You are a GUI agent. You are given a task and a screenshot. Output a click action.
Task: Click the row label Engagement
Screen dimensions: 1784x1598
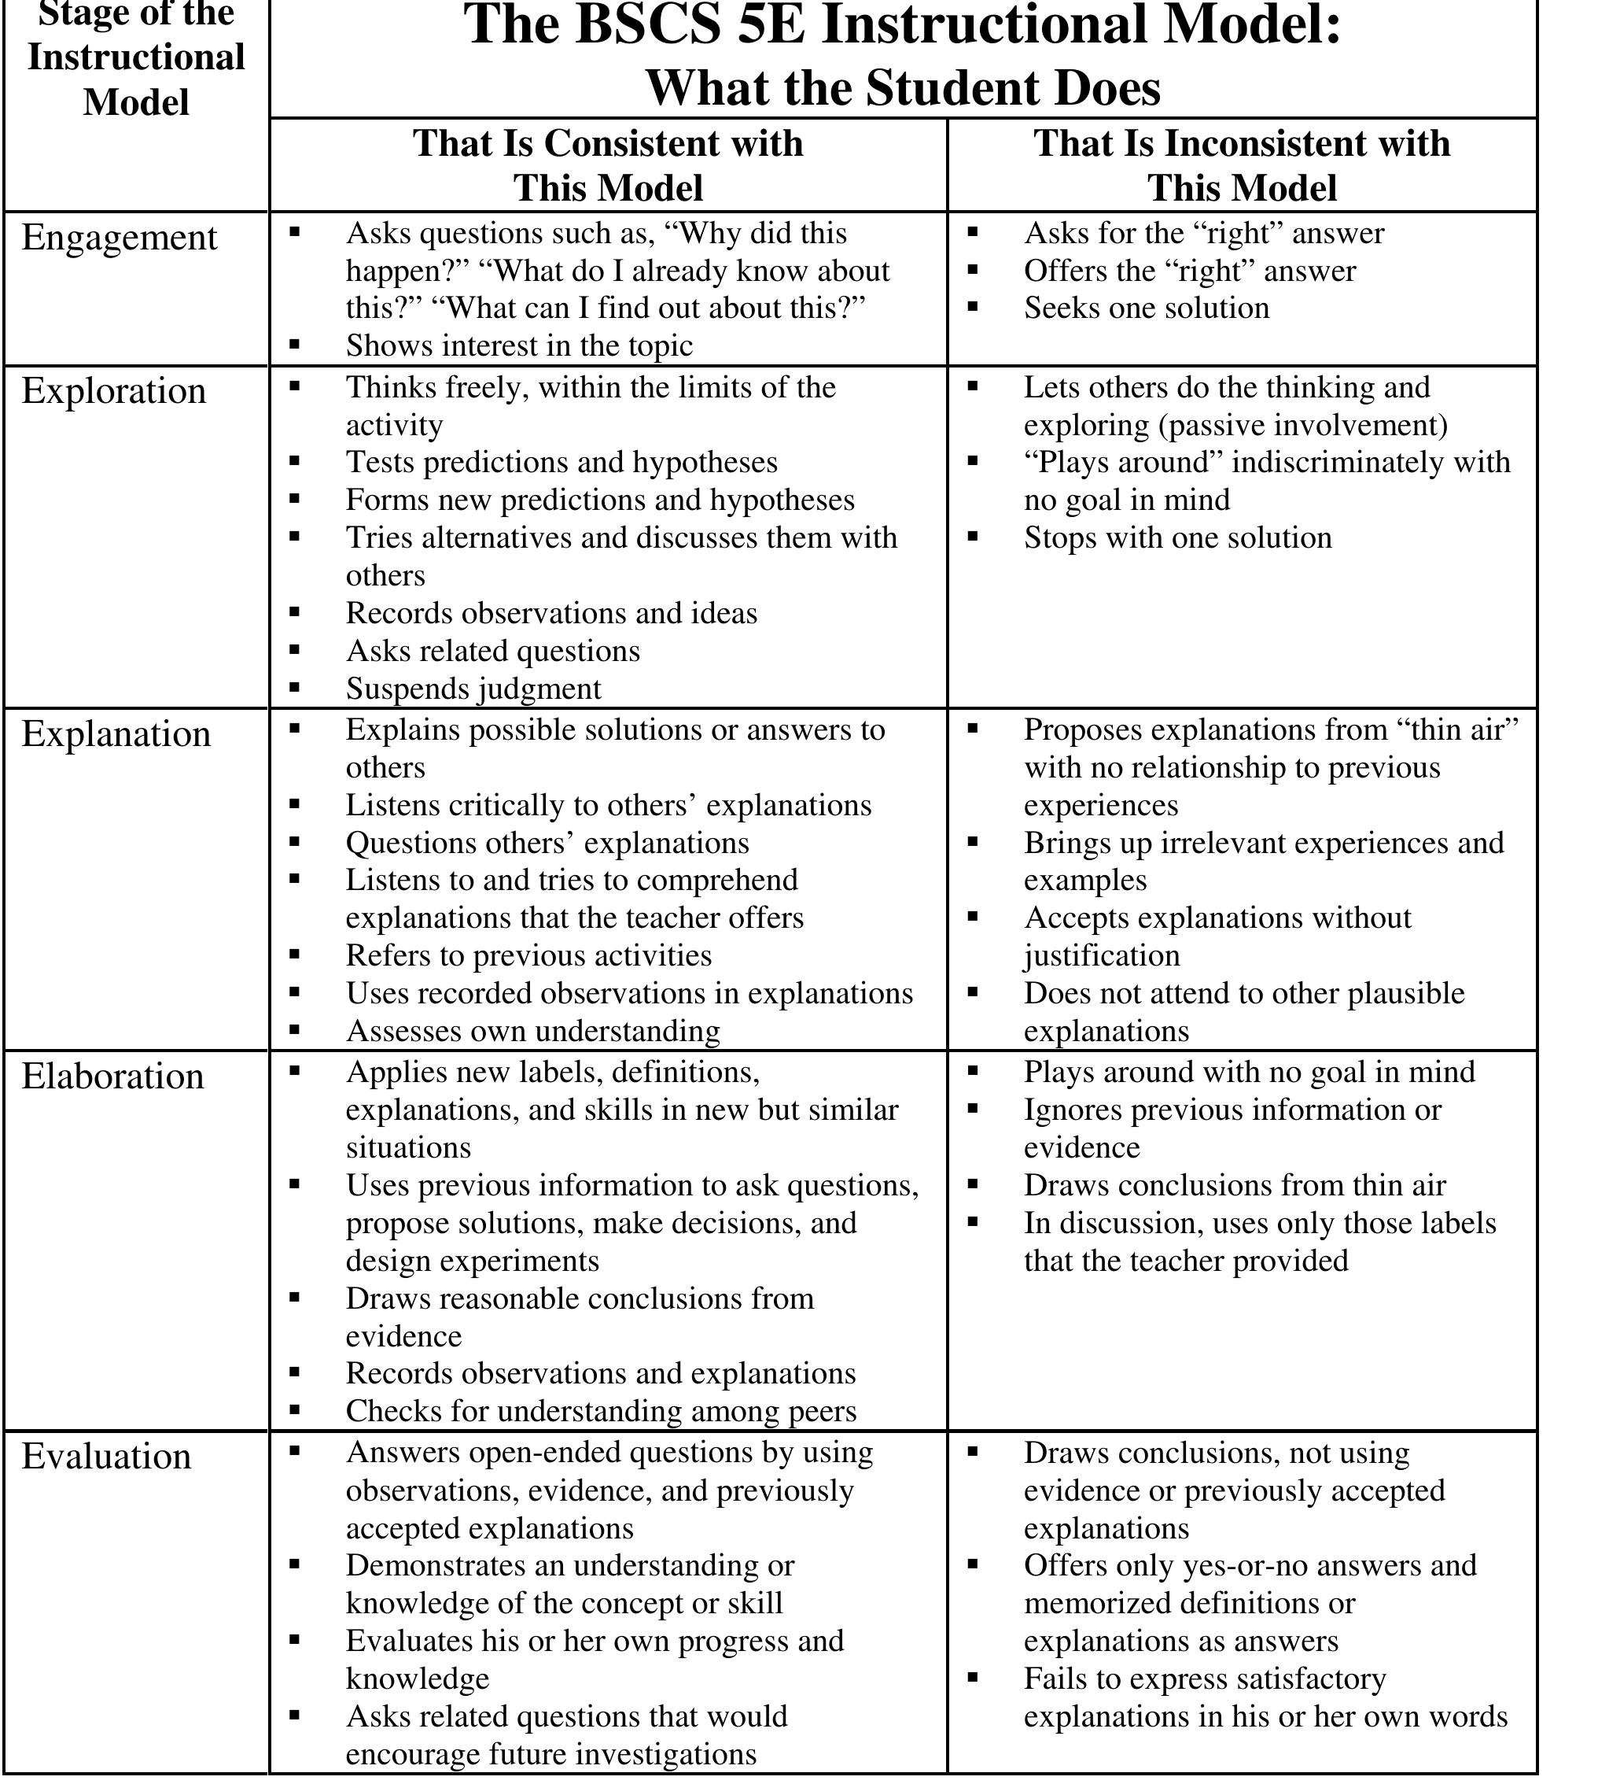(119, 238)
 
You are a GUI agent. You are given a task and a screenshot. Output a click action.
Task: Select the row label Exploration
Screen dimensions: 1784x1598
(113, 391)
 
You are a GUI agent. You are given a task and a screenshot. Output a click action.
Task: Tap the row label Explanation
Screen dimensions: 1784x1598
(116, 734)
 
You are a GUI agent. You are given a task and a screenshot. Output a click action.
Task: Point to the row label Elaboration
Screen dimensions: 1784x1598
(112, 1076)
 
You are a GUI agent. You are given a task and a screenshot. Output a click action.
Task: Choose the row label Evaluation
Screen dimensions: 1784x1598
(106, 1457)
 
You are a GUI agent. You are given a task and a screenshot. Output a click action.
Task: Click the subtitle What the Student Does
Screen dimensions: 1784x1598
(903, 88)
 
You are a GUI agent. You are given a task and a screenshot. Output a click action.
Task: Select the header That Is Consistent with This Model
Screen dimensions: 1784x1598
(608, 165)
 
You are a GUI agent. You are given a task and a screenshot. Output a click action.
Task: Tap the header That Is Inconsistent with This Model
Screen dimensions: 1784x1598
(1242, 165)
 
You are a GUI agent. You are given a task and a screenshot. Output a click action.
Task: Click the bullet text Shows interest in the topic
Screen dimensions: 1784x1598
(519, 345)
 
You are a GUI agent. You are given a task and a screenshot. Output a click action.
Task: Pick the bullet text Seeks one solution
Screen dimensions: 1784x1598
(1146, 308)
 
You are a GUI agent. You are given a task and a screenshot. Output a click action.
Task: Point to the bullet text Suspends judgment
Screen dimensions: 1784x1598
(473, 689)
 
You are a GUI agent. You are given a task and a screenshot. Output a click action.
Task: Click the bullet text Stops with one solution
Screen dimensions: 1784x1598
(1177, 537)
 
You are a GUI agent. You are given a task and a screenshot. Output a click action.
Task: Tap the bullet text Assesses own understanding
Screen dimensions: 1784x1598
(533, 1030)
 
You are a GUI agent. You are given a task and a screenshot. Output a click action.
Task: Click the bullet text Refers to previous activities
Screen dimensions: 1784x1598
(528, 955)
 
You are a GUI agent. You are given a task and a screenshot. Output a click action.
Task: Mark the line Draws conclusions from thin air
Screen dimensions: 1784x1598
(1234, 1185)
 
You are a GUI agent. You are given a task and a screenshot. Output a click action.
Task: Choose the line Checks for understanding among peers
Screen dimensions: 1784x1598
(601, 1411)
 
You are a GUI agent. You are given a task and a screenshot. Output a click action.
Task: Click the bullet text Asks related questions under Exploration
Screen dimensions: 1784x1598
(492, 651)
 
